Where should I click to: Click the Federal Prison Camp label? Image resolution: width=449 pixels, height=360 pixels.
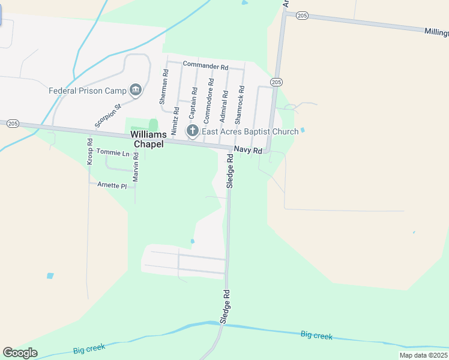(87, 91)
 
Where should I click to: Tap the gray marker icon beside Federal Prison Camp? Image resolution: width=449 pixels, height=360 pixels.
(136, 91)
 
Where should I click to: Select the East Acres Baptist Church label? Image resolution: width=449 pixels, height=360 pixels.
(250, 131)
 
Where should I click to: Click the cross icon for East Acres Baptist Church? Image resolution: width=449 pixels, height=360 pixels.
(193, 131)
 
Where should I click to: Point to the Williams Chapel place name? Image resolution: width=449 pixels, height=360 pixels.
(148, 139)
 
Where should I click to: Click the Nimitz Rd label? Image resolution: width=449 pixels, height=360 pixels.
(175, 119)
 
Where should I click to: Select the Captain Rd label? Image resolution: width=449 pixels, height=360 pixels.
(193, 102)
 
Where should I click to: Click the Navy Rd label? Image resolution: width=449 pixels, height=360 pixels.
(248, 150)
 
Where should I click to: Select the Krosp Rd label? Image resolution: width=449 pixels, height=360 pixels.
(89, 152)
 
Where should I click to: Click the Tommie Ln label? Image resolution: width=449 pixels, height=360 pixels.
(113, 153)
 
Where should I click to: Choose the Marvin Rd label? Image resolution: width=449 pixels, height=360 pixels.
(136, 167)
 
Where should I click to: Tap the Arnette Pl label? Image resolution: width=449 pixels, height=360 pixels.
(112, 185)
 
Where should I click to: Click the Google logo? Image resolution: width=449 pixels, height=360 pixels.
(20, 353)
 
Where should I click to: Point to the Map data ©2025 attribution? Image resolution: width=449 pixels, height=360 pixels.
(423, 355)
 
